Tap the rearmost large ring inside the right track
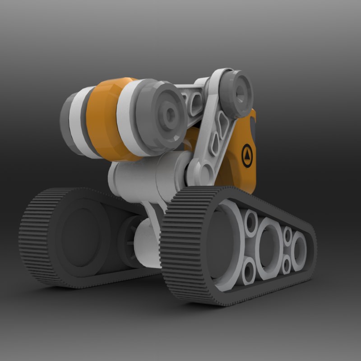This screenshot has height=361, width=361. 298,247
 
